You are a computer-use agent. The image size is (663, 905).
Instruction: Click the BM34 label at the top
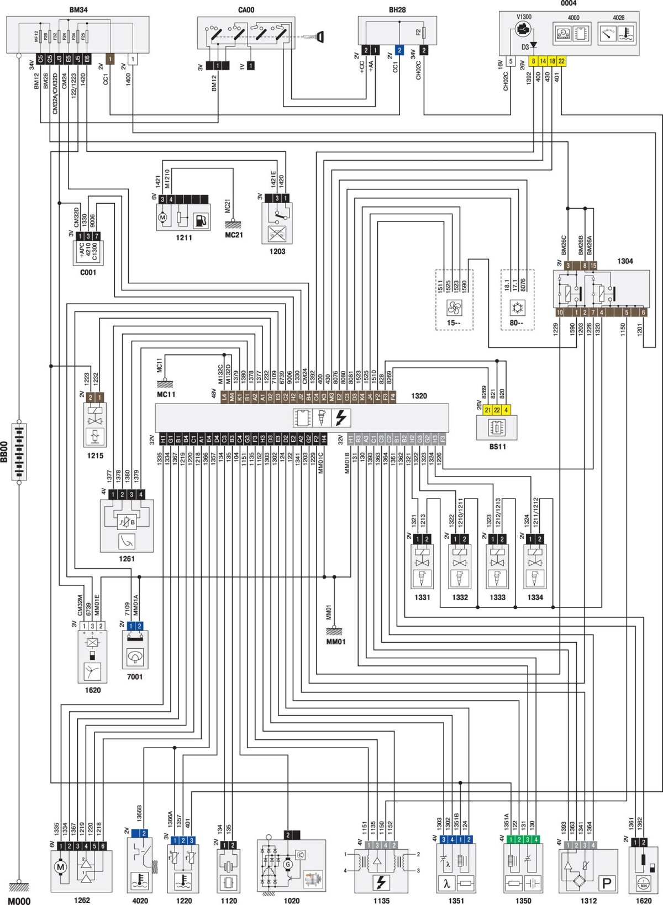[x=78, y=9]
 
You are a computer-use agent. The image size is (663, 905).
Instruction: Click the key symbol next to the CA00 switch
[x=319, y=37]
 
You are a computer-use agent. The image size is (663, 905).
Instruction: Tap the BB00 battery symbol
[x=19, y=452]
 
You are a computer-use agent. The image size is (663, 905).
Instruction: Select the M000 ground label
[x=19, y=901]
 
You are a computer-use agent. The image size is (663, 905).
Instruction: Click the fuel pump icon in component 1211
[x=201, y=220]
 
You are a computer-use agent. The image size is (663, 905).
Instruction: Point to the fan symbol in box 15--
[x=454, y=307]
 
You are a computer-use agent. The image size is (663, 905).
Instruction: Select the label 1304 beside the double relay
[x=625, y=261]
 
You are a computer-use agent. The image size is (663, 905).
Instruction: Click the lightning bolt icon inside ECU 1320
[x=341, y=417]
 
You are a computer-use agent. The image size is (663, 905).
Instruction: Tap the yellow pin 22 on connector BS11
[x=497, y=410]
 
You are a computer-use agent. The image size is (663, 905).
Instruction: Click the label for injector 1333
[x=497, y=597]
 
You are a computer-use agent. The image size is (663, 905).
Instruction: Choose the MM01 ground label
[x=335, y=642]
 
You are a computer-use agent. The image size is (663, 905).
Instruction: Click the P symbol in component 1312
[x=606, y=883]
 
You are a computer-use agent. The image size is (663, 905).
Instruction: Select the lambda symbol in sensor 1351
[x=446, y=883]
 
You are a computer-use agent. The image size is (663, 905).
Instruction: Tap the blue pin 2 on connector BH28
[x=399, y=50]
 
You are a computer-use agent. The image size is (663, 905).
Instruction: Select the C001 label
[x=88, y=272]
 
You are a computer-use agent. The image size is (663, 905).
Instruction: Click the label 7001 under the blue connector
[x=135, y=676]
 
